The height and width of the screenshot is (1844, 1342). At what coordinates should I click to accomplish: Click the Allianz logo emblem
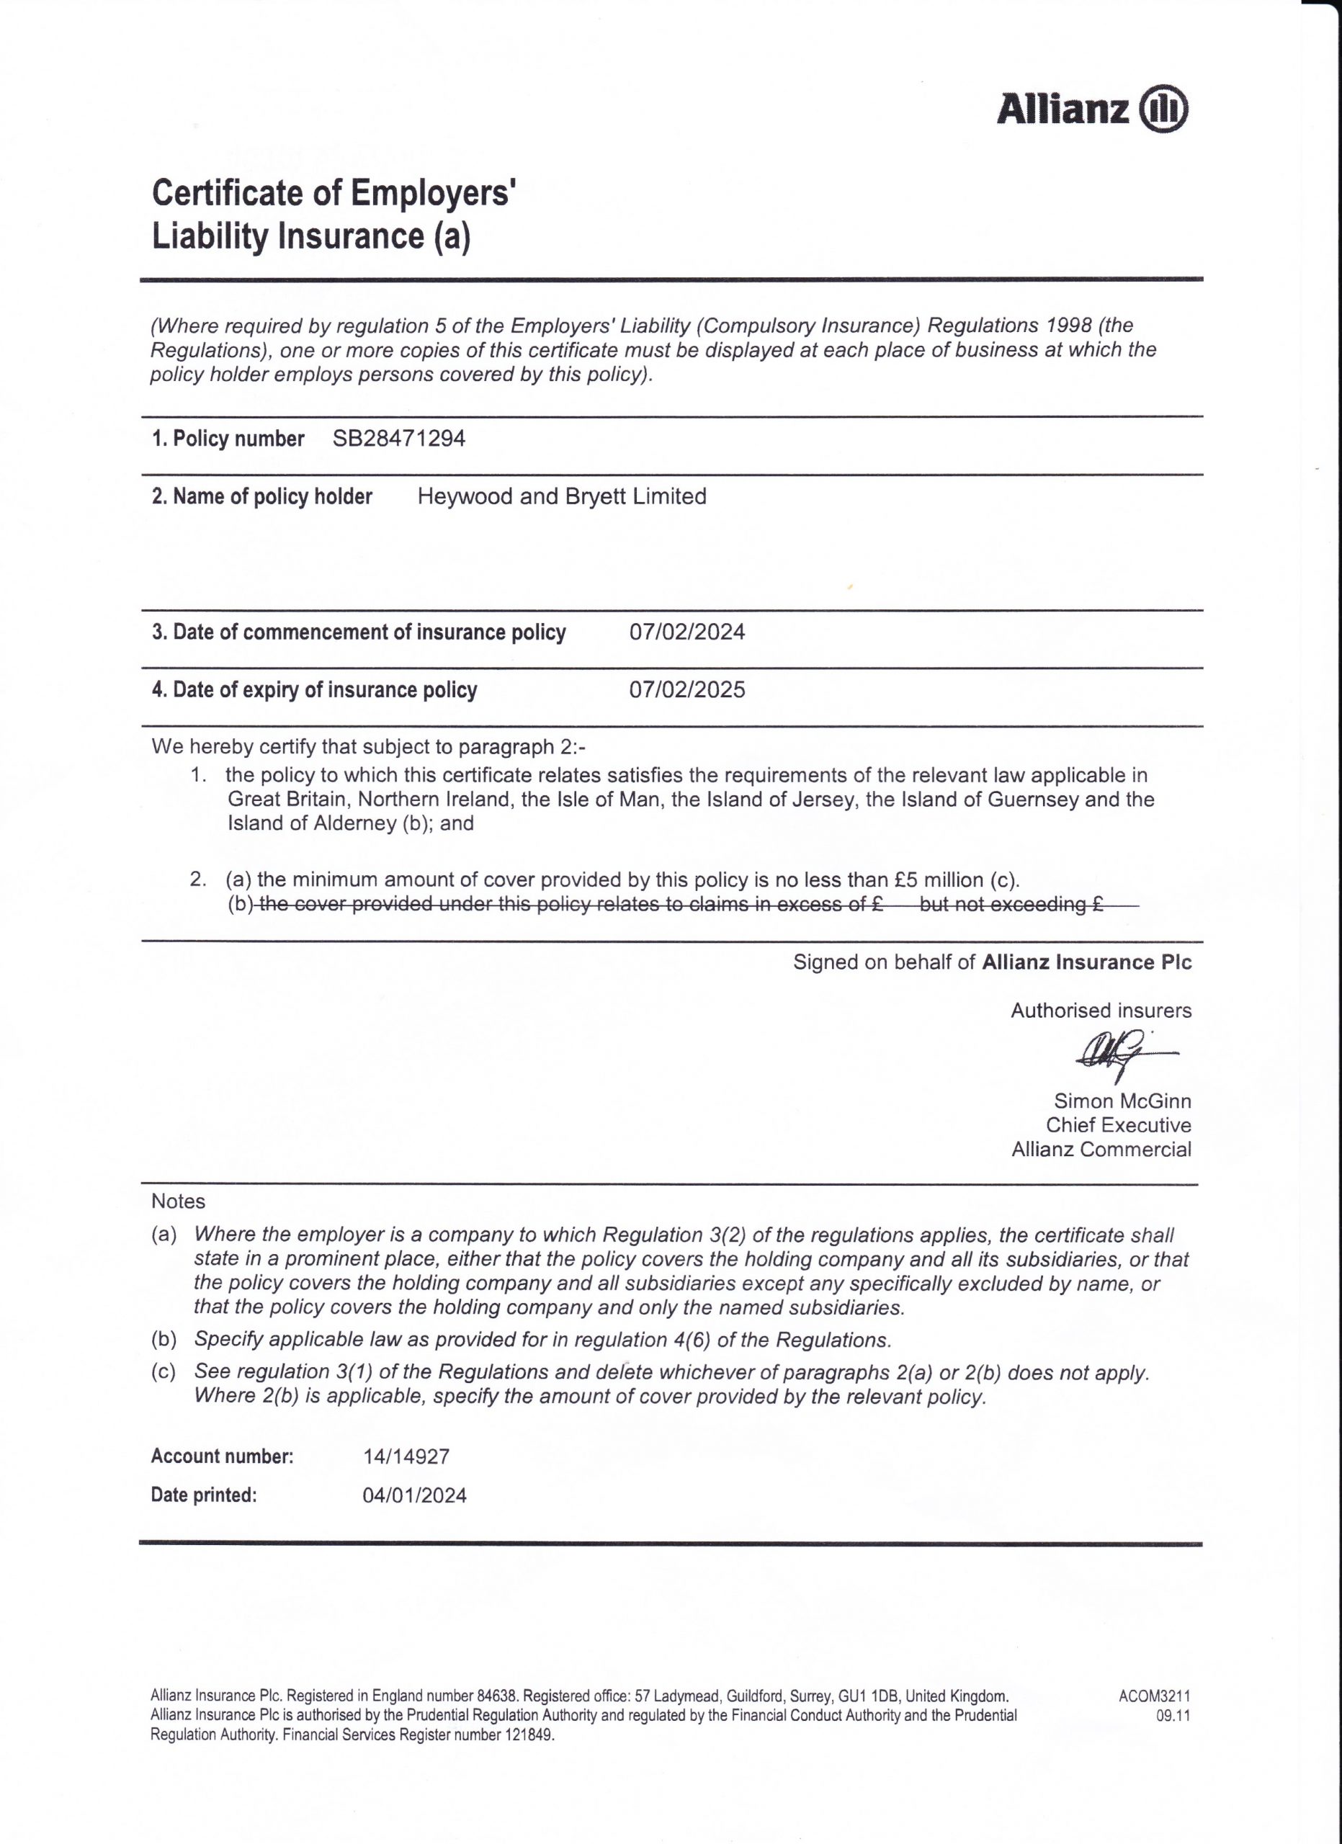coord(1164,108)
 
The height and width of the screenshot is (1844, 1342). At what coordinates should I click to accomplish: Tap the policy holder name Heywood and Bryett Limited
coord(561,496)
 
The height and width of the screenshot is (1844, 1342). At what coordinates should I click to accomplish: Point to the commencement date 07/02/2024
coord(687,632)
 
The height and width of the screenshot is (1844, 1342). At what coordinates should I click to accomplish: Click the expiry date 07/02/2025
coord(687,689)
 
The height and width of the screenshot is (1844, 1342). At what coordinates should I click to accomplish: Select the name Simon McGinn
coord(1122,1101)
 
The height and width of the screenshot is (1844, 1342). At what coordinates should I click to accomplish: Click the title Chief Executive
coord(1118,1125)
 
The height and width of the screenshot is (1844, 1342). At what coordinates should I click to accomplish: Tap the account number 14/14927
coord(406,1456)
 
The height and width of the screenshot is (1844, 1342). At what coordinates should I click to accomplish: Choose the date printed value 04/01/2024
coord(413,1495)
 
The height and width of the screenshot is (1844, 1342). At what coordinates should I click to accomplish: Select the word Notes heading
coord(178,1201)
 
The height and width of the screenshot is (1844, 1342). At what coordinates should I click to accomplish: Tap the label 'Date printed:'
coord(203,1495)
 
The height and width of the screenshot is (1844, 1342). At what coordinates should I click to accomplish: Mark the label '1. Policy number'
coord(228,439)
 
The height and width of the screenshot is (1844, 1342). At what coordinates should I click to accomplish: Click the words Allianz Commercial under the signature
coord(1101,1150)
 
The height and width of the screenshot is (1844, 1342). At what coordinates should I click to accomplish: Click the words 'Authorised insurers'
coord(1101,1011)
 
